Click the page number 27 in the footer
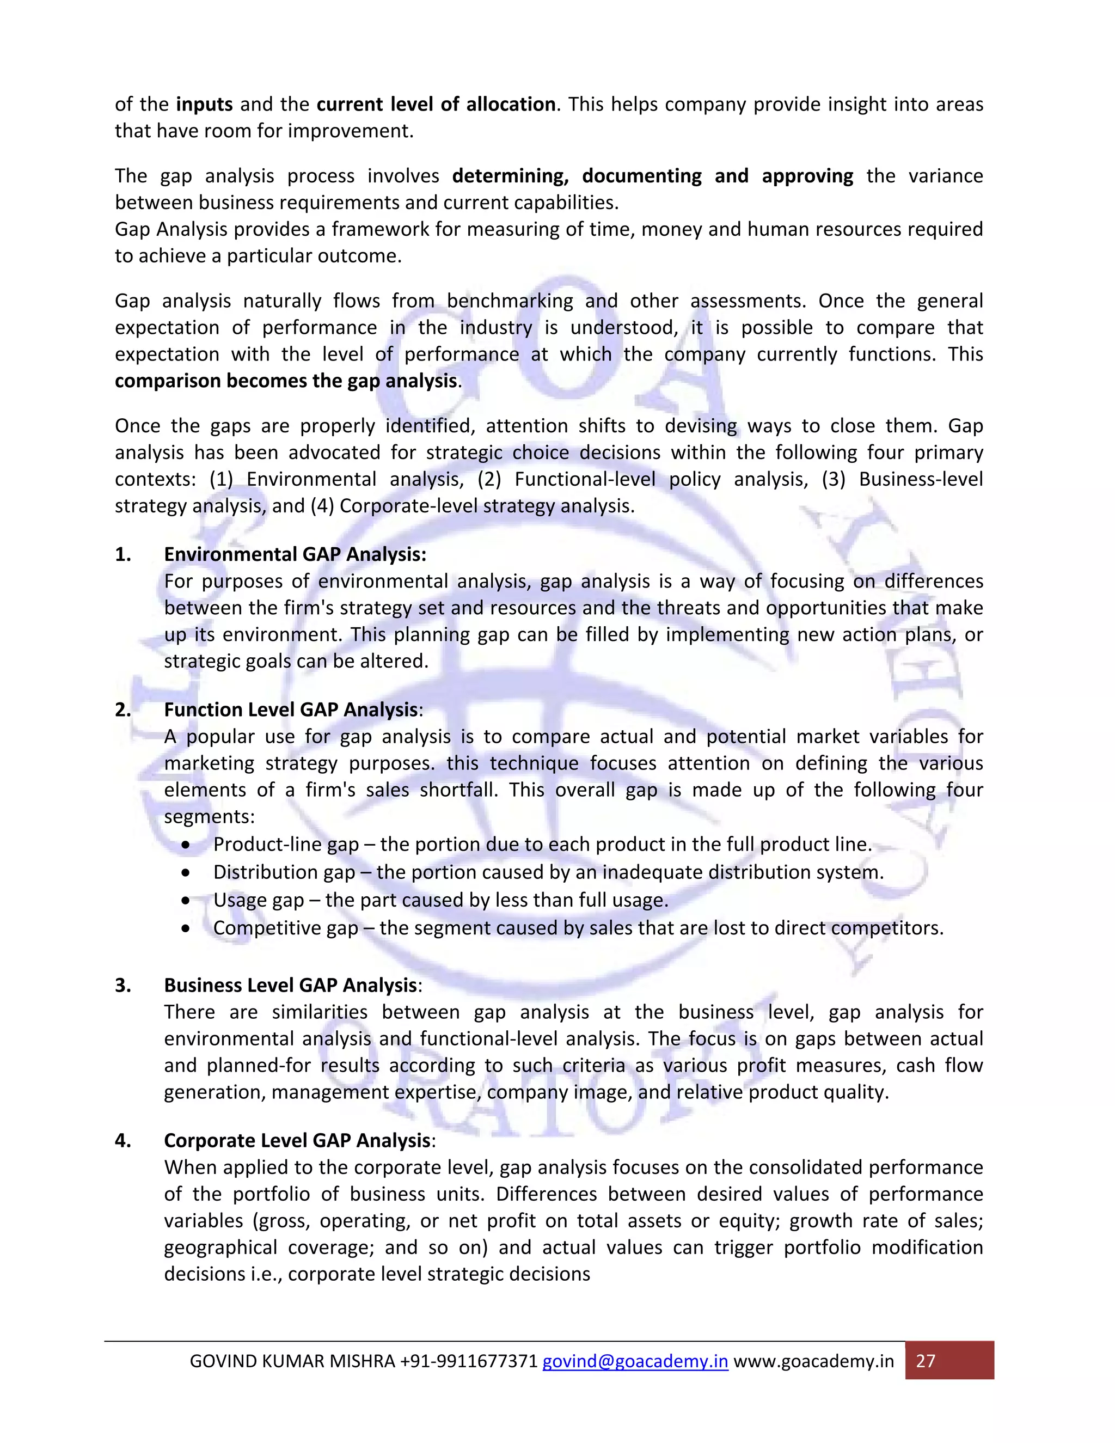click(926, 1361)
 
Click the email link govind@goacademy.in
click(635, 1362)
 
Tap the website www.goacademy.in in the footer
click(814, 1362)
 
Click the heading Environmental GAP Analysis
click(295, 554)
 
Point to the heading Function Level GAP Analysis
click(291, 710)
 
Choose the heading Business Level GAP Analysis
click(291, 985)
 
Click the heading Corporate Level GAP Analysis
click(297, 1140)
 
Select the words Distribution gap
click(284, 872)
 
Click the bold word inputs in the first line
click(204, 105)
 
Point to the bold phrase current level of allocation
click(436, 105)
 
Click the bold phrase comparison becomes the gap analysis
click(286, 381)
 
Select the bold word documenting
click(641, 176)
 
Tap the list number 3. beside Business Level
click(123, 985)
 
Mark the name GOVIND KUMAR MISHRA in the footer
click(292, 1362)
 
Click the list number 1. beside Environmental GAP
click(123, 554)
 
